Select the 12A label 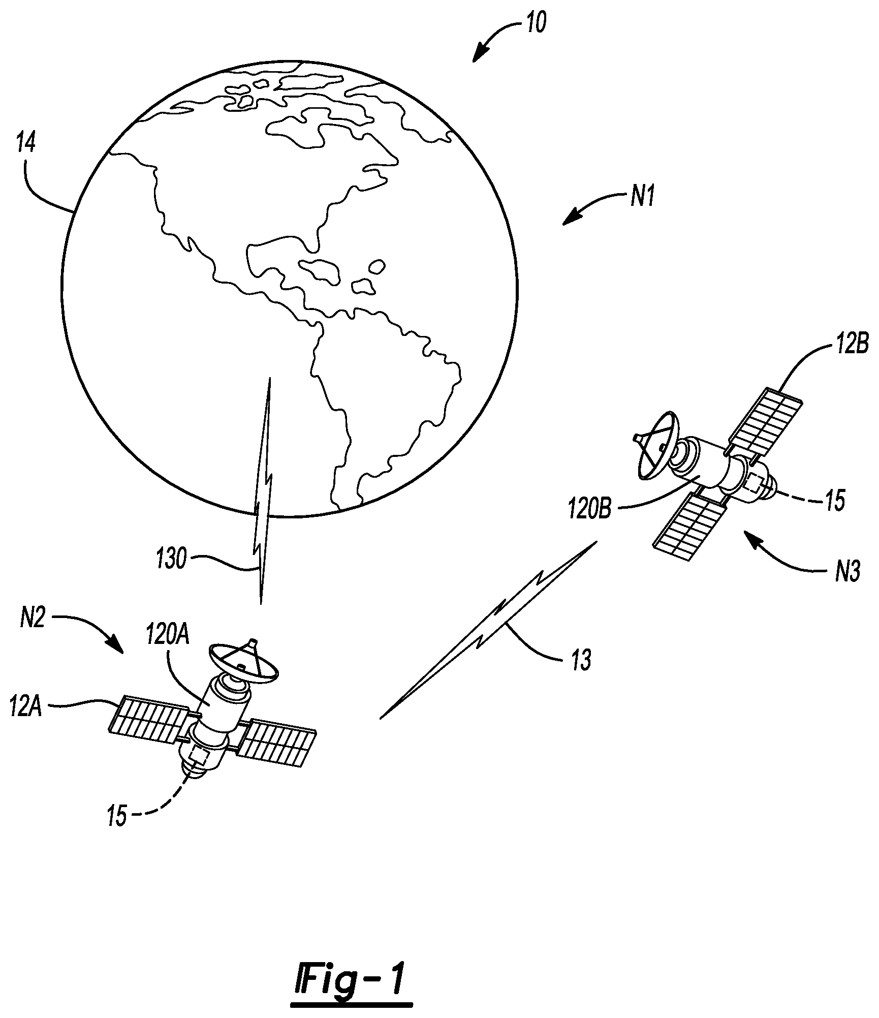pyautogui.click(x=26, y=706)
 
